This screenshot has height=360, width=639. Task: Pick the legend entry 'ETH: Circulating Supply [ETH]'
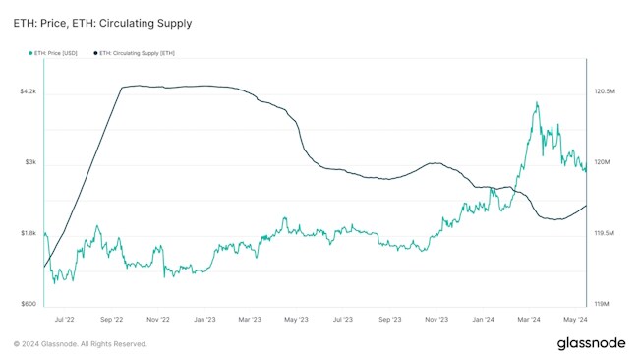click(139, 52)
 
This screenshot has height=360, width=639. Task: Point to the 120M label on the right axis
click(603, 162)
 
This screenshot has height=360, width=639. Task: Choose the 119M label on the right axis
click(603, 304)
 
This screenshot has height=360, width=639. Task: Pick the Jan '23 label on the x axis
click(204, 320)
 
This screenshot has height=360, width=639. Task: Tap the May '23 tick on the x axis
click(297, 320)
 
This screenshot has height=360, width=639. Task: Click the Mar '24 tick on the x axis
click(529, 320)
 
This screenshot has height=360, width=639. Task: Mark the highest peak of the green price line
click(536, 101)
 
